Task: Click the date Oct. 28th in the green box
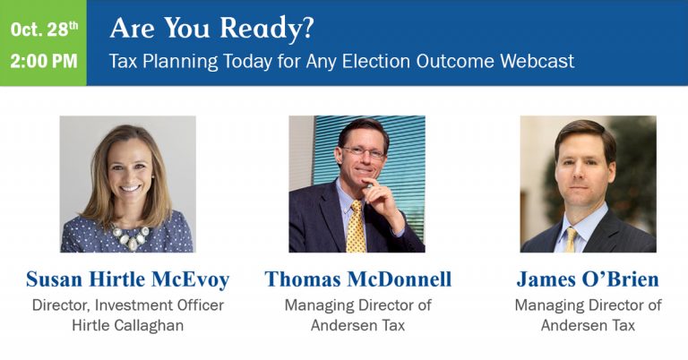coord(44,30)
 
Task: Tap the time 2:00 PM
coord(44,61)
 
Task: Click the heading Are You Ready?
coord(212,28)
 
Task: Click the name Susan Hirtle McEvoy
coord(128,279)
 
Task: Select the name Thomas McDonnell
coord(357,279)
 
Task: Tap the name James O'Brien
coord(588,279)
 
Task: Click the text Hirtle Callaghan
coord(128,325)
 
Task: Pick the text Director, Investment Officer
coord(128,305)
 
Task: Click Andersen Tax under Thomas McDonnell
coord(357,325)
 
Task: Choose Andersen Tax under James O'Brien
coord(588,325)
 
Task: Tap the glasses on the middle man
coord(364,152)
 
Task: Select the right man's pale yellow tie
coord(571,240)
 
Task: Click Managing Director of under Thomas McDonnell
coord(357,305)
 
